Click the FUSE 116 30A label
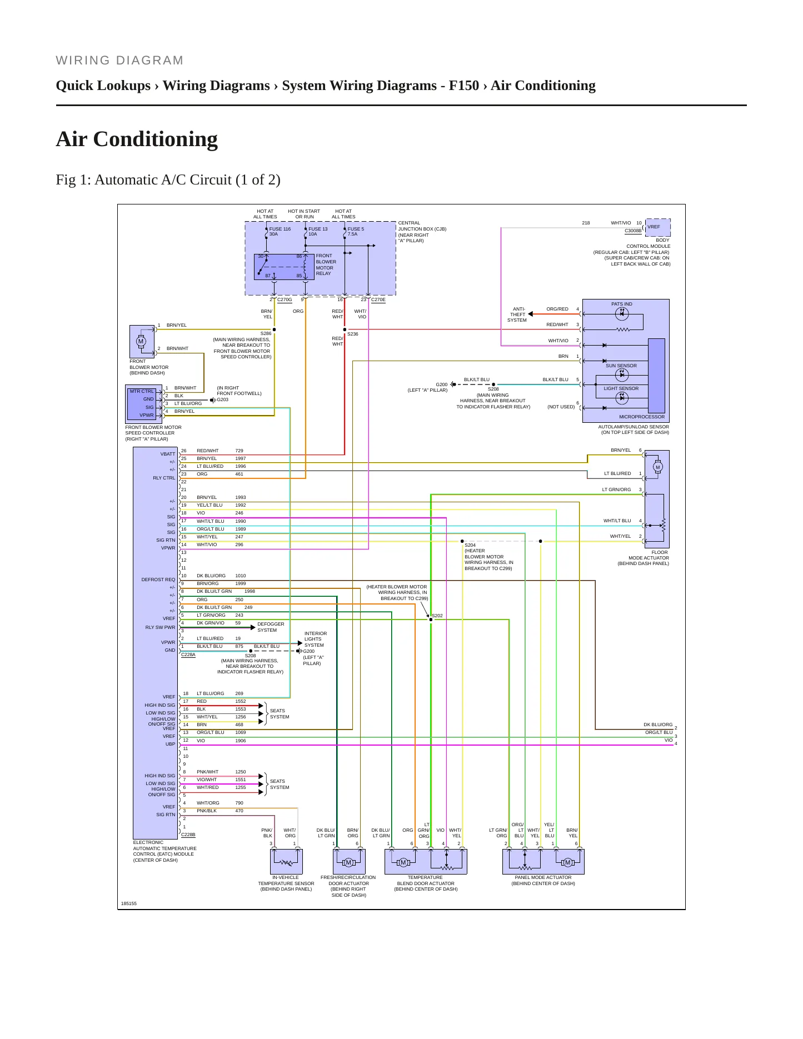click(280, 231)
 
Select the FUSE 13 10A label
click(318, 231)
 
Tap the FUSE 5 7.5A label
click(356, 231)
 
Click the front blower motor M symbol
click(141, 341)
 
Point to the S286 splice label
click(266, 333)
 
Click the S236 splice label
click(353, 334)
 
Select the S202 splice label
click(437, 616)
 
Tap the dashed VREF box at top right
click(658, 227)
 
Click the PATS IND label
click(621, 304)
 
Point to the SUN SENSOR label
click(621, 366)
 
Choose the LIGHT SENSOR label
click(621, 388)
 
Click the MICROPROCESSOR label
click(642, 417)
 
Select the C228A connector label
click(188, 655)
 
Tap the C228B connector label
click(188, 835)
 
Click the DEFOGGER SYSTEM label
click(271, 627)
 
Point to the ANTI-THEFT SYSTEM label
click(517, 314)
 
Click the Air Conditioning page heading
click(137, 139)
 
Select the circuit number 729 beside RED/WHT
click(239, 451)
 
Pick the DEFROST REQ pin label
click(158, 580)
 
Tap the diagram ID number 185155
click(129, 903)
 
